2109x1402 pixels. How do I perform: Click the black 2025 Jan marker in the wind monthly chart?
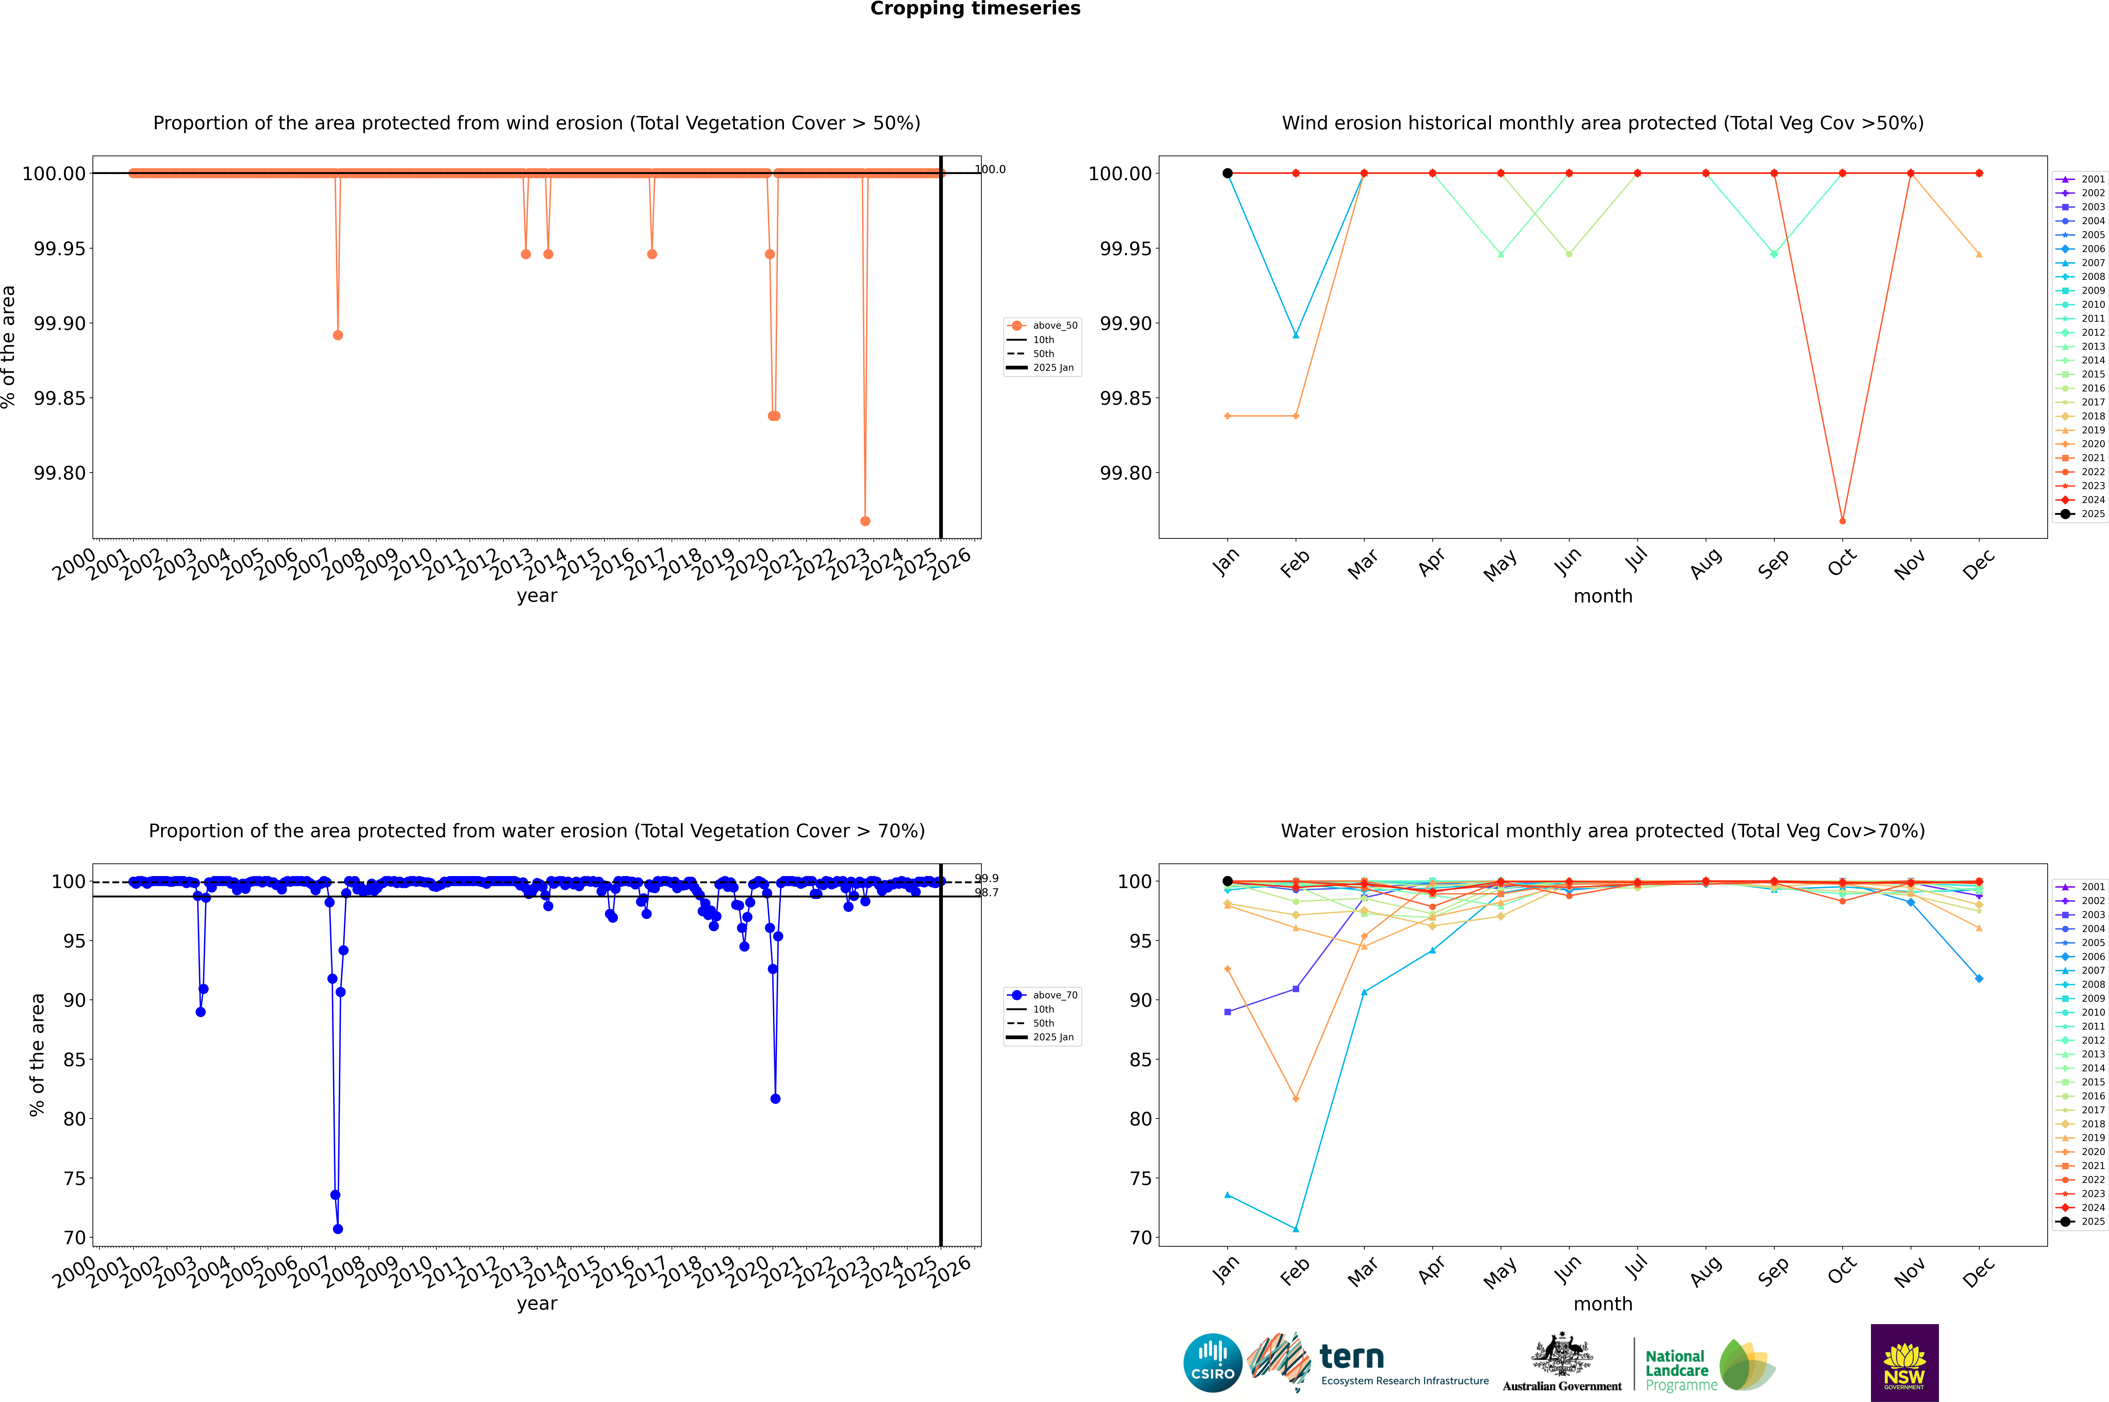click(1228, 174)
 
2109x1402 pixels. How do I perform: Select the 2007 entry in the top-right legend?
click(2092, 263)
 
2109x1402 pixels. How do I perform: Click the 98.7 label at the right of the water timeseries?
click(987, 892)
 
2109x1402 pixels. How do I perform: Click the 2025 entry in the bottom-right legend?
click(2092, 1221)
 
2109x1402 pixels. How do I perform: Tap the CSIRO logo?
click(1212, 1363)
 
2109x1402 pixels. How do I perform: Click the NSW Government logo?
click(1904, 1363)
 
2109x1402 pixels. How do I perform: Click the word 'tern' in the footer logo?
click(1352, 1357)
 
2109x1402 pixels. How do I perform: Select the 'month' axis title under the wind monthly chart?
click(1602, 596)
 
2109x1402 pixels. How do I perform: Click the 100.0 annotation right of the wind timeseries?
click(990, 169)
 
